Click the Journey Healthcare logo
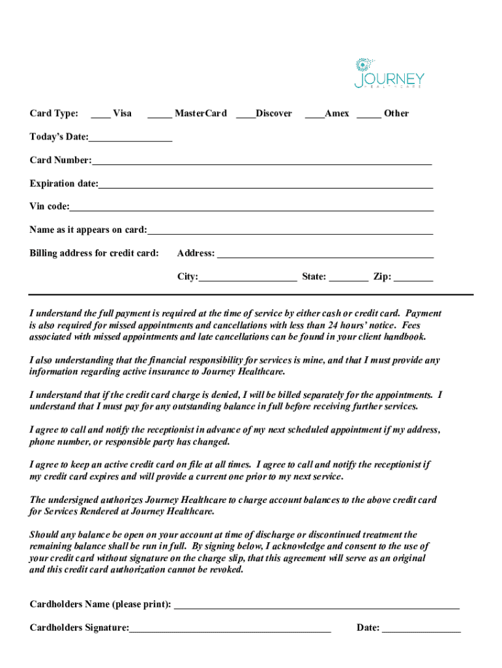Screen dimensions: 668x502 389,73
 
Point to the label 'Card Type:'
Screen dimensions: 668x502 54,114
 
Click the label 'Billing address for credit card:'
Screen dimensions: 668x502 94,253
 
